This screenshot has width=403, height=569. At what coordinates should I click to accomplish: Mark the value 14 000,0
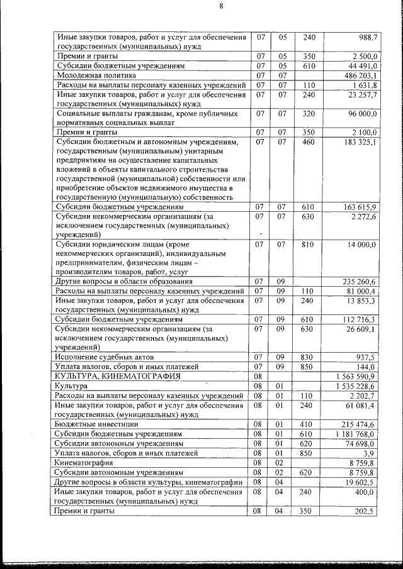click(x=360, y=244)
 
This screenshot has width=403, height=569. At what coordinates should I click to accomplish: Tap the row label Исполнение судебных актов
click(x=105, y=356)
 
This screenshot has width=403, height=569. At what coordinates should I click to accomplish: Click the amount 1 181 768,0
click(x=354, y=434)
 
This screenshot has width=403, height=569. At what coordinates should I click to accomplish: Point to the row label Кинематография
click(x=86, y=462)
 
